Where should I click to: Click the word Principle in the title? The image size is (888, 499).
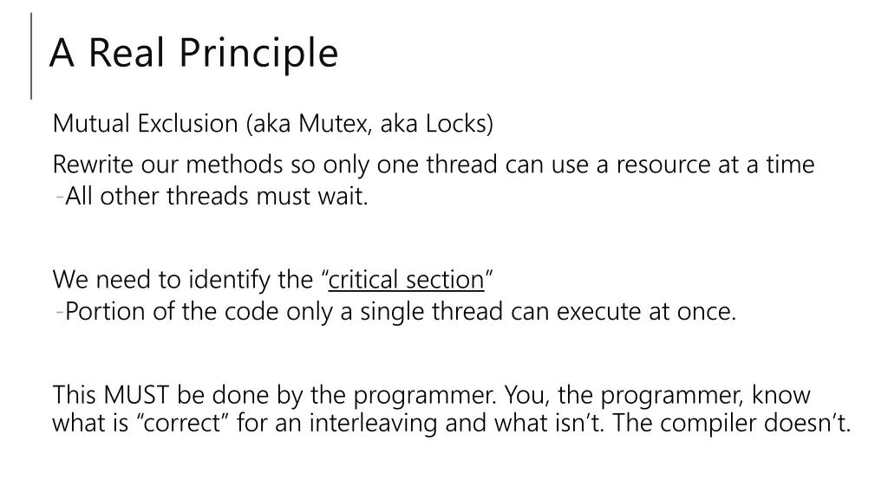(x=259, y=53)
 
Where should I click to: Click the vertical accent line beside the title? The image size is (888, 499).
(x=31, y=55)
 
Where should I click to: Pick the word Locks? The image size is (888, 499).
(x=459, y=124)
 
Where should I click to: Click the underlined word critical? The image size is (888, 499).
(x=362, y=281)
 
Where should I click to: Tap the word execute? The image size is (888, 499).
(x=598, y=312)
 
